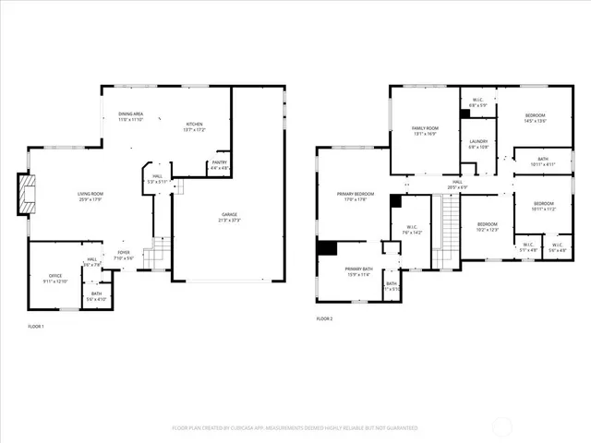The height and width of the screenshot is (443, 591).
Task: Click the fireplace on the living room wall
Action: click(28, 194)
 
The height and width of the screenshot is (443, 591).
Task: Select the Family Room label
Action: click(425, 130)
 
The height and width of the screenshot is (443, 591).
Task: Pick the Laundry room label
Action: click(478, 144)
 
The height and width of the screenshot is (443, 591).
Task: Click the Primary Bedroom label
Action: click(350, 197)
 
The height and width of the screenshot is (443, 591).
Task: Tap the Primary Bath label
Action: click(345, 271)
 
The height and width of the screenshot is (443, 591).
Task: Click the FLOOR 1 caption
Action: click(36, 327)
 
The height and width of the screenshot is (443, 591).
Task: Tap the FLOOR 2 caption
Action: click(324, 318)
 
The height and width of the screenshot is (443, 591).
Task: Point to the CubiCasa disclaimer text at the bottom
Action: click(295, 428)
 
